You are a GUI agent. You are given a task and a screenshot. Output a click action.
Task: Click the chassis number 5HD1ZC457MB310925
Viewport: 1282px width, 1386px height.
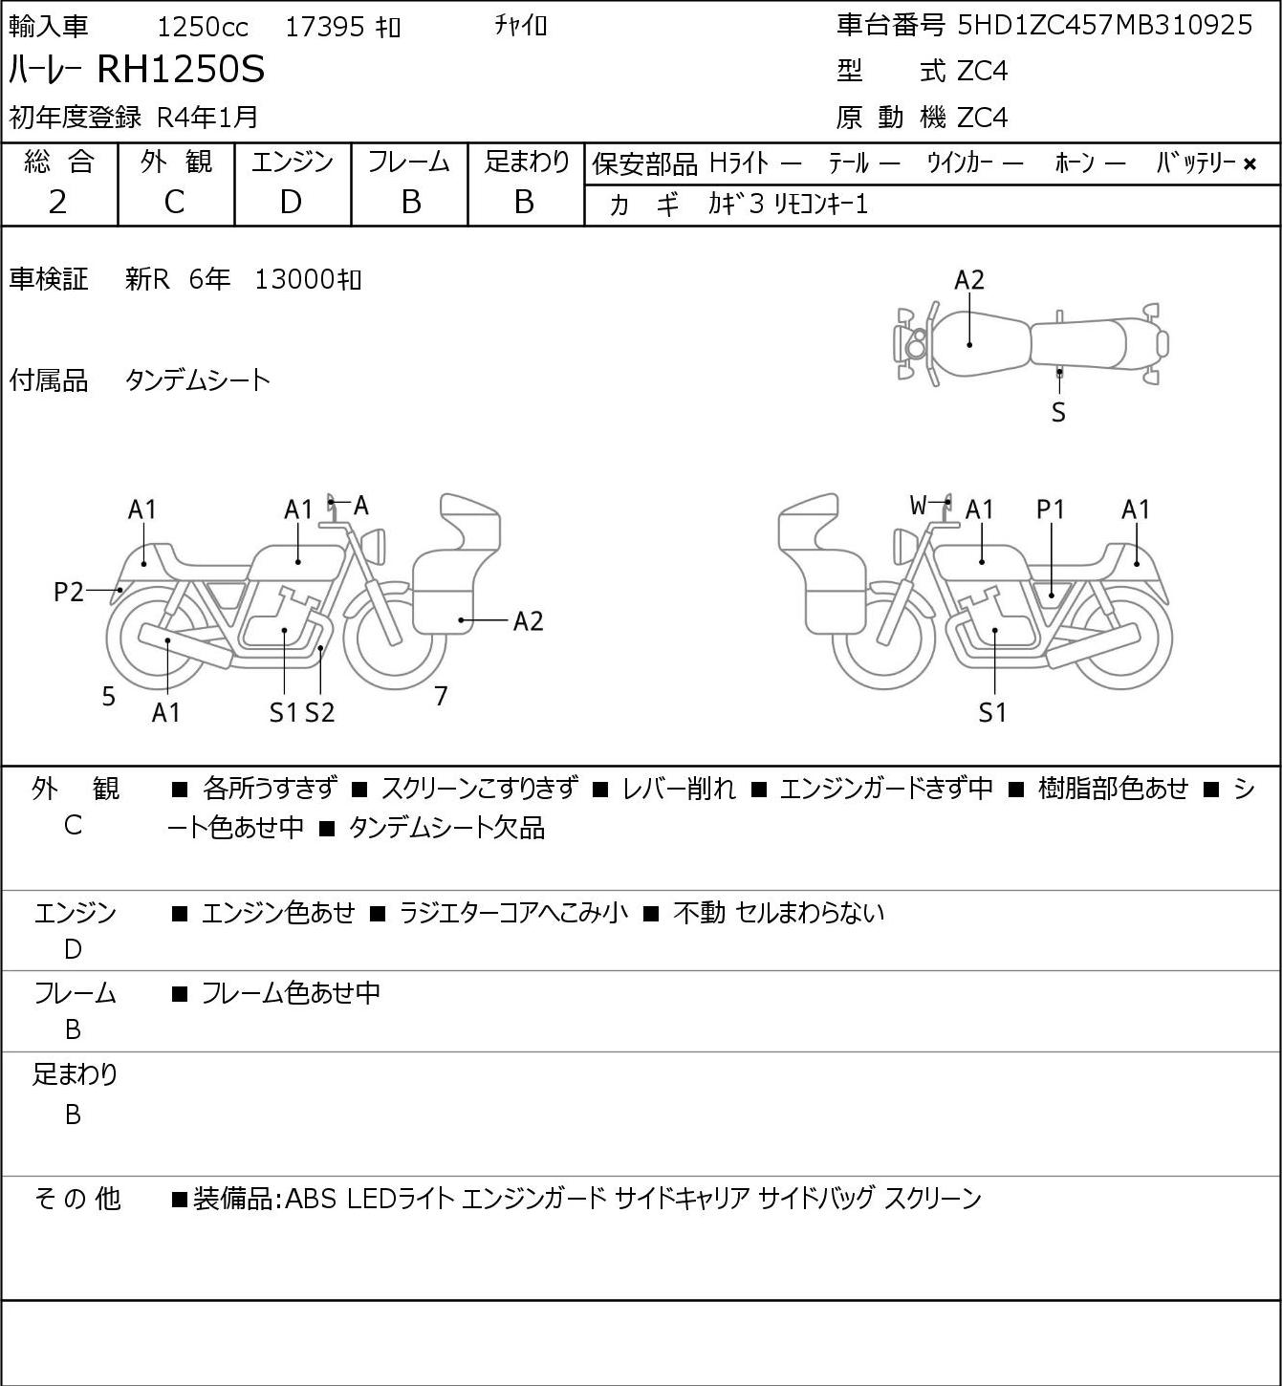pos(1104,26)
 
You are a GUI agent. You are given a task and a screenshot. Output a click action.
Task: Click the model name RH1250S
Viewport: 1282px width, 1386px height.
pos(180,70)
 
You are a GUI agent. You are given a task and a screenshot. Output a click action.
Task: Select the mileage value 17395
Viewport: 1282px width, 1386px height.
pos(325,27)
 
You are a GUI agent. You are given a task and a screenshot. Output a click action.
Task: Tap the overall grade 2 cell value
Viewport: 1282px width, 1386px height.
pos(58,203)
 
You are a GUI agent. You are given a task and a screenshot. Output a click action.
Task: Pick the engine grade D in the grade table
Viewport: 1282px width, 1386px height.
pos(291,203)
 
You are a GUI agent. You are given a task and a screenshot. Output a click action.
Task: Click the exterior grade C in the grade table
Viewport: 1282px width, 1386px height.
pos(174,203)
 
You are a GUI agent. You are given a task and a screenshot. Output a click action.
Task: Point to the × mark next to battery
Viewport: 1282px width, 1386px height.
pos(1249,164)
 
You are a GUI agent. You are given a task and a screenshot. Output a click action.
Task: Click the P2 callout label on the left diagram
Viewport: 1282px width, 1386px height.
pos(69,593)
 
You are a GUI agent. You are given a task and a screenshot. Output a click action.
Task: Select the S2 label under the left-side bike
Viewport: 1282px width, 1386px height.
pos(320,712)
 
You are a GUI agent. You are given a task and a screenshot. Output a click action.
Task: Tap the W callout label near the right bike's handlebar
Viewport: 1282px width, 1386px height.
pos(918,505)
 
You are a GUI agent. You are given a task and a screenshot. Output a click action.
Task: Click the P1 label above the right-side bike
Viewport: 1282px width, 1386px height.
pos(1051,509)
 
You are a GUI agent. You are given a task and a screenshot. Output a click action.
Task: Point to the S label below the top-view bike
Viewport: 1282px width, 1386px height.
pos(1058,412)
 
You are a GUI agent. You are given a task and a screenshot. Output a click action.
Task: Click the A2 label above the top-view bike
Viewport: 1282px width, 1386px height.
pos(969,280)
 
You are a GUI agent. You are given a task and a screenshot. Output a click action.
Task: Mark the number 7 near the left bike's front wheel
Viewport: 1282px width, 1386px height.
pos(441,696)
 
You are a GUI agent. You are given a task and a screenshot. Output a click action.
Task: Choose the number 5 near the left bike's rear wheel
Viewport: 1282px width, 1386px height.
pos(108,697)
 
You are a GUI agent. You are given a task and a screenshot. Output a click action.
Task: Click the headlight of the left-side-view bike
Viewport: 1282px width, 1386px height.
pos(375,547)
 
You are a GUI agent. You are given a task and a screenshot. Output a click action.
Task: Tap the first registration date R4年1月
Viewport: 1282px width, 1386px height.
pos(207,117)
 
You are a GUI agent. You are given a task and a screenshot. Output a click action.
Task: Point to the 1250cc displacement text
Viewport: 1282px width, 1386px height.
pos(203,27)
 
